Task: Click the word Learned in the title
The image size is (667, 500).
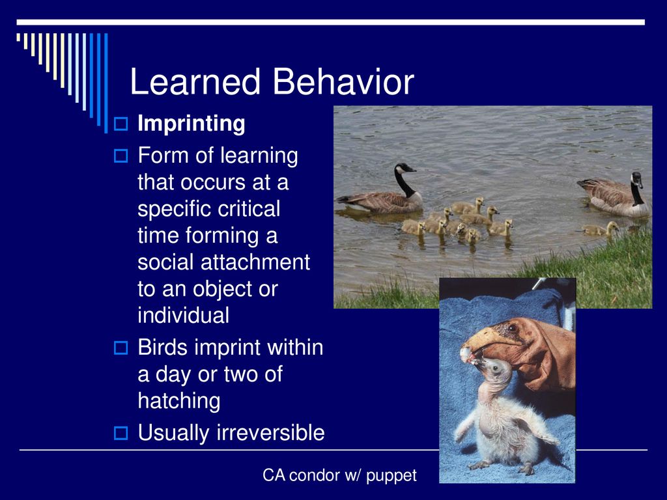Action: tap(195, 81)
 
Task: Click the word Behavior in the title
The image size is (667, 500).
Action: tap(343, 81)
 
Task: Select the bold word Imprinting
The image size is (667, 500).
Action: tap(192, 124)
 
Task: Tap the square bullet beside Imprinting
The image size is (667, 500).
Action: tap(121, 124)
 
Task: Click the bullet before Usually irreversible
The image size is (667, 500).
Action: tap(121, 433)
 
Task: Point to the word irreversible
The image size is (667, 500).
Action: tap(270, 433)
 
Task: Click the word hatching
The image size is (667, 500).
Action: tap(179, 401)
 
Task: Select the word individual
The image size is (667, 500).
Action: tap(183, 315)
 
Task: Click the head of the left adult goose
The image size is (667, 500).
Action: tap(404, 167)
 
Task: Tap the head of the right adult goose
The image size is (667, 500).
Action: tap(637, 179)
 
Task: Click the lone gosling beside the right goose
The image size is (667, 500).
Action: tap(600, 229)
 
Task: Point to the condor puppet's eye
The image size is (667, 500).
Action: tap(512, 328)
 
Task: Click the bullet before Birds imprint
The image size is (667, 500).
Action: tap(121, 348)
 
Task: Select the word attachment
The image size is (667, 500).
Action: tap(255, 262)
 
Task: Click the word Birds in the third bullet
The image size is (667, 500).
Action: tap(162, 348)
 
